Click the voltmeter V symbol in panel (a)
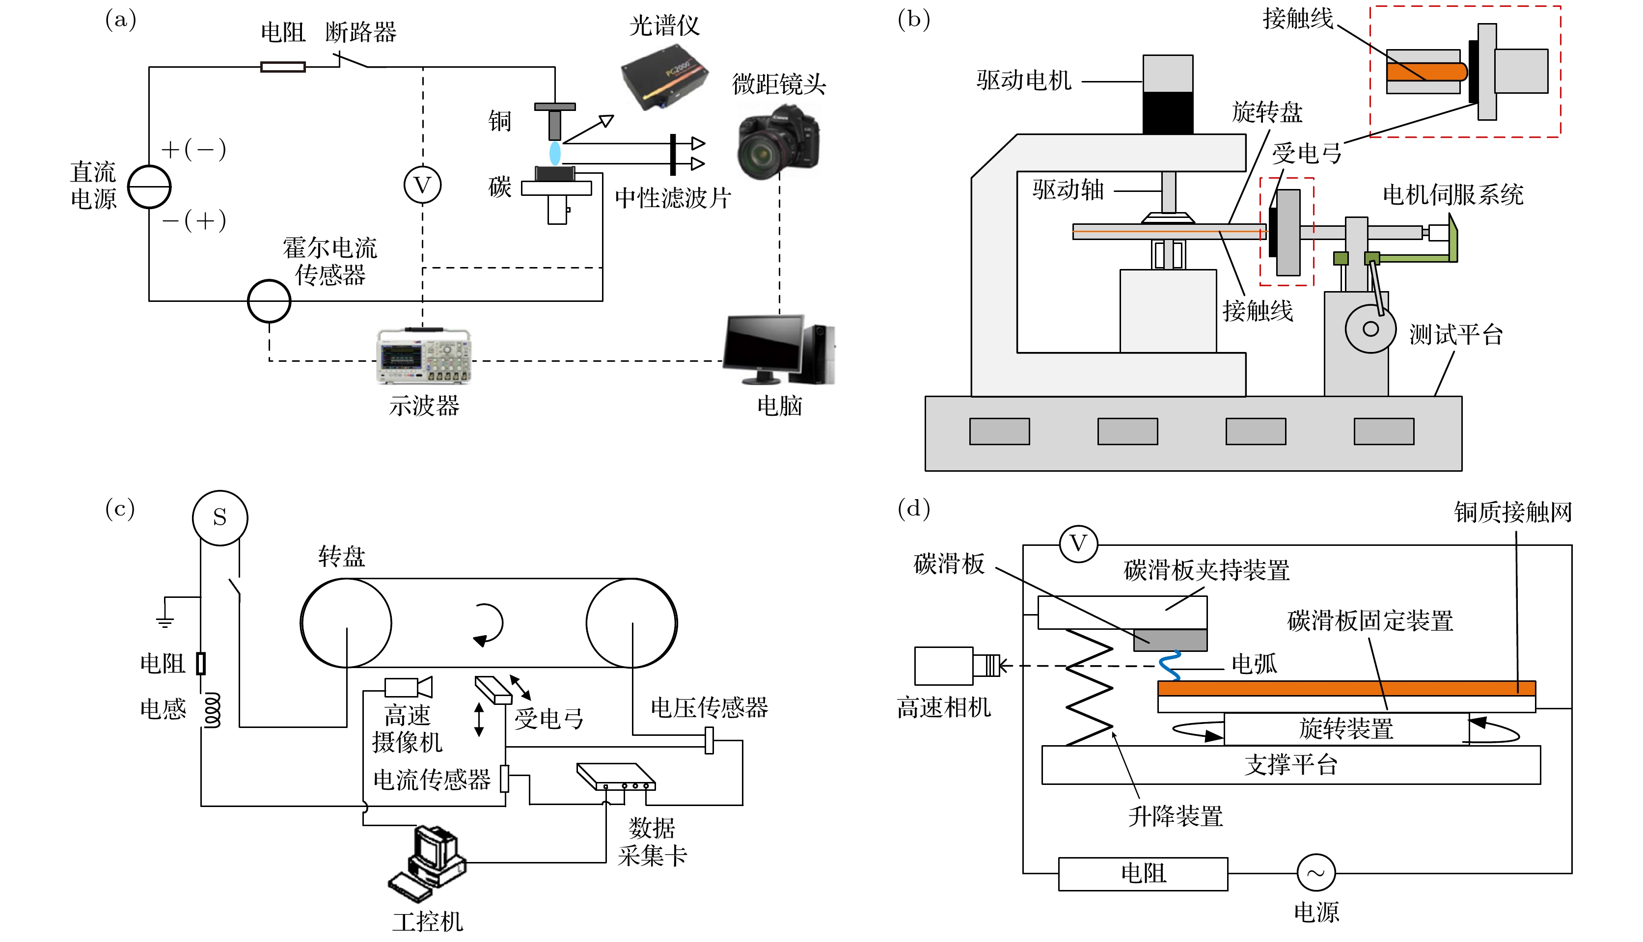click(x=423, y=185)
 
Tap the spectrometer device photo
click(x=664, y=77)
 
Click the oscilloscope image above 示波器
click(x=424, y=356)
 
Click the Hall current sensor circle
click(x=269, y=301)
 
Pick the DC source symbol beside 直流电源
click(x=149, y=187)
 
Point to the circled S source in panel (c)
click(x=220, y=517)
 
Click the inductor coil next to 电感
click(x=212, y=710)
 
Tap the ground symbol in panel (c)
click(x=165, y=621)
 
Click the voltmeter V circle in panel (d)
click(x=1078, y=544)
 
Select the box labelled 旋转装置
click(x=1346, y=729)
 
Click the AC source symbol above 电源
click(x=1315, y=873)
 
